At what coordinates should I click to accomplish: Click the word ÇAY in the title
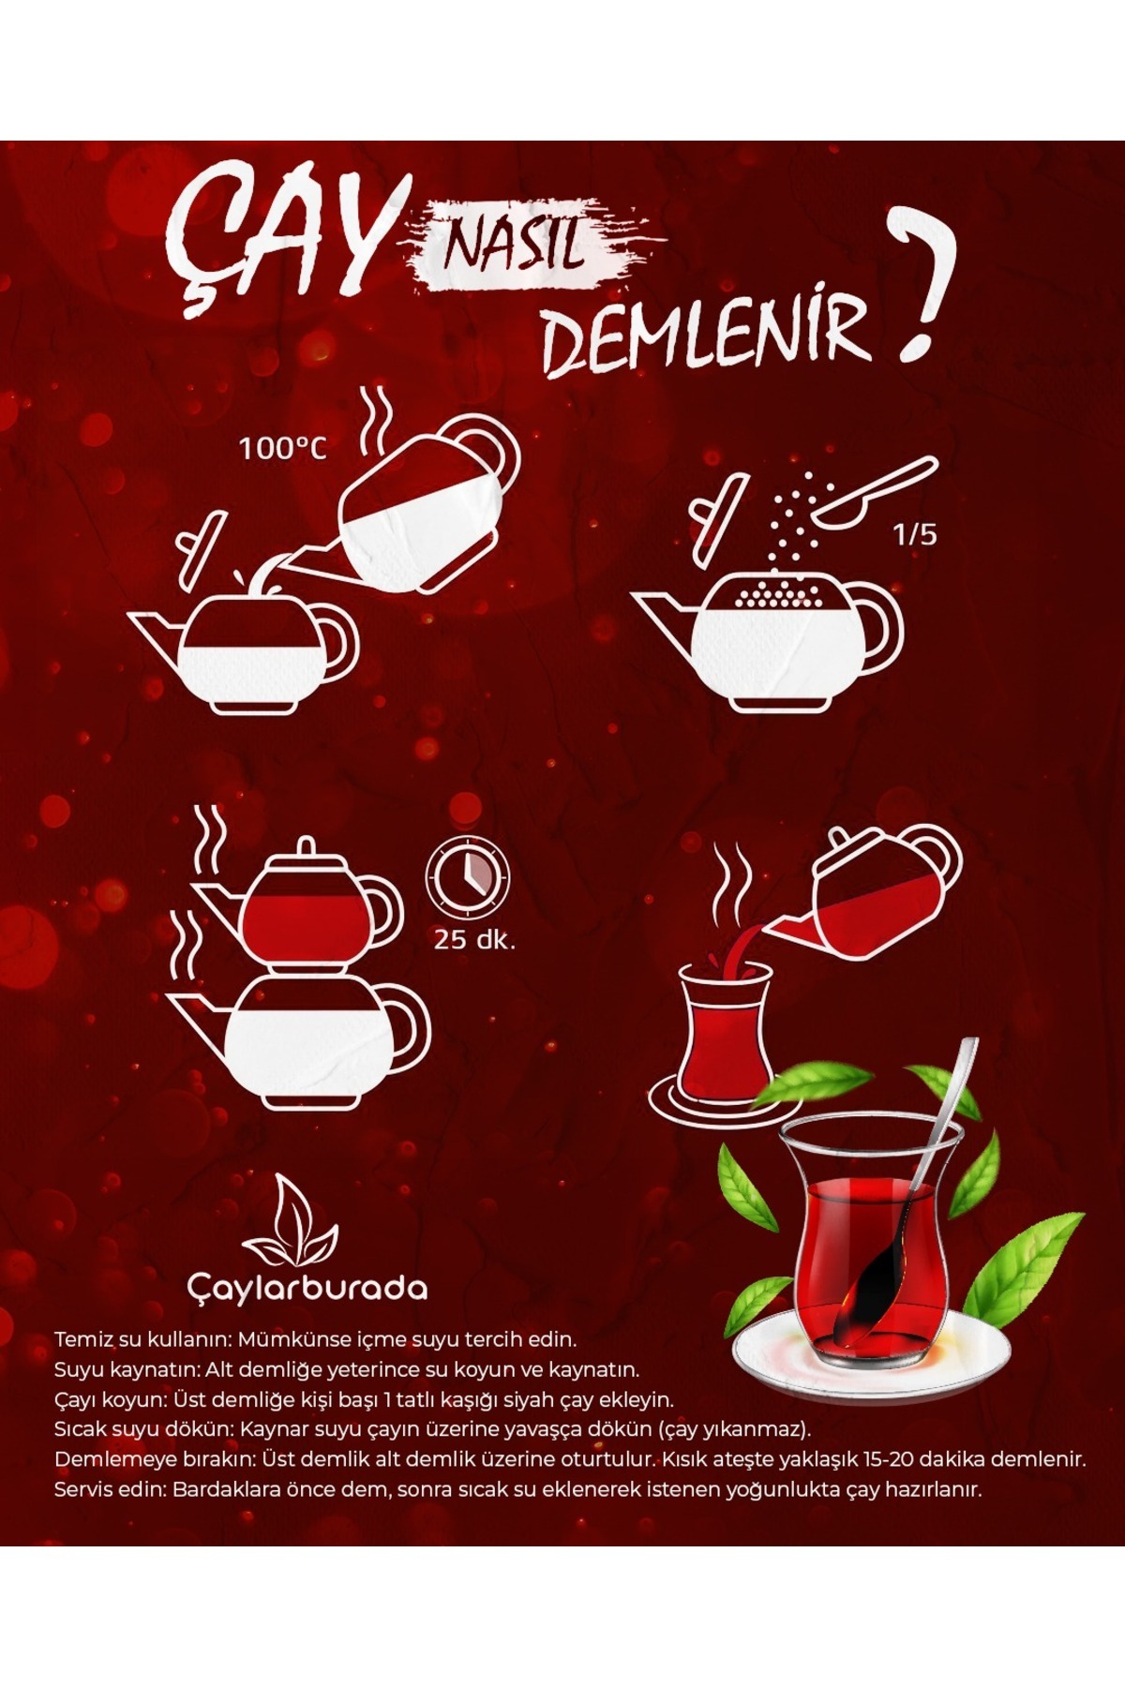point(277,237)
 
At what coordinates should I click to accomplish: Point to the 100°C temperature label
point(283,448)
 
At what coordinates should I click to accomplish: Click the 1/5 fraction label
point(915,535)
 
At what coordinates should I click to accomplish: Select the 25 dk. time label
point(474,939)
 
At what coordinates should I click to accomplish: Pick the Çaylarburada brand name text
point(307,1288)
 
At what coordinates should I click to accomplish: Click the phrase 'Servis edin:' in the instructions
point(111,1489)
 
